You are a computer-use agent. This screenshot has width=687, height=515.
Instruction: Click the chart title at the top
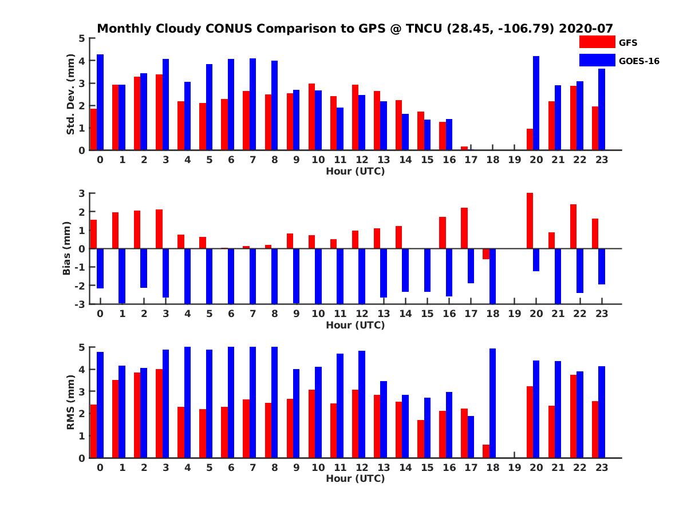pyautogui.click(x=355, y=29)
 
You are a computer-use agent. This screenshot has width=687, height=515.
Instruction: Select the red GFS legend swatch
pyautogui.click(x=597, y=42)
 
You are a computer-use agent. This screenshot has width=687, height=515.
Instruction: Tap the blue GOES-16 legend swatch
pyautogui.click(x=597, y=60)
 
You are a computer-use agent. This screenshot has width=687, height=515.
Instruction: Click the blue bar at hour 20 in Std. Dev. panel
pyautogui.click(x=536, y=103)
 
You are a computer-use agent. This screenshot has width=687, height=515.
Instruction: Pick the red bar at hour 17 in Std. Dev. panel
pyautogui.click(x=464, y=148)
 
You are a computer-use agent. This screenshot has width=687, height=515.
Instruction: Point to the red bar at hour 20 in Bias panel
pyautogui.click(x=530, y=221)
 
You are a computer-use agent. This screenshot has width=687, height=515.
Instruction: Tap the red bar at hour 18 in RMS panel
pyautogui.click(x=486, y=451)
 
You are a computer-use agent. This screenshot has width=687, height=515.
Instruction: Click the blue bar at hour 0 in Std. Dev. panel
pyautogui.click(x=100, y=102)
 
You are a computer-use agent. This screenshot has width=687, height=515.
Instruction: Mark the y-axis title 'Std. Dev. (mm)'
pyautogui.click(x=71, y=94)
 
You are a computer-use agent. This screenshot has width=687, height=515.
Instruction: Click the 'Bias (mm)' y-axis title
pyautogui.click(x=67, y=249)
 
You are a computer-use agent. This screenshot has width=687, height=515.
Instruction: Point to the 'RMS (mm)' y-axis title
pyautogui.click(x=71, y=402)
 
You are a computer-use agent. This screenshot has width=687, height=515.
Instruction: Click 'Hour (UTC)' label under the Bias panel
pyautogui.click(x=355, y=325)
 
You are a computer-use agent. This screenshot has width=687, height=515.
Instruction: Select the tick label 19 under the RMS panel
pyautogui.click(x=514, y=467)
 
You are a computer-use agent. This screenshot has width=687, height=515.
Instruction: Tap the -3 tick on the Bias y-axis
pyautogui.click(x=81, y=304)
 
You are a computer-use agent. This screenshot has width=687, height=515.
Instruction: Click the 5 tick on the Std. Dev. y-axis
pyautogui.click(x=82, y=38)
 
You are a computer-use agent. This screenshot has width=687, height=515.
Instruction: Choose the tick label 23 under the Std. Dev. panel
pyautogui.click(x=602, y=160)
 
